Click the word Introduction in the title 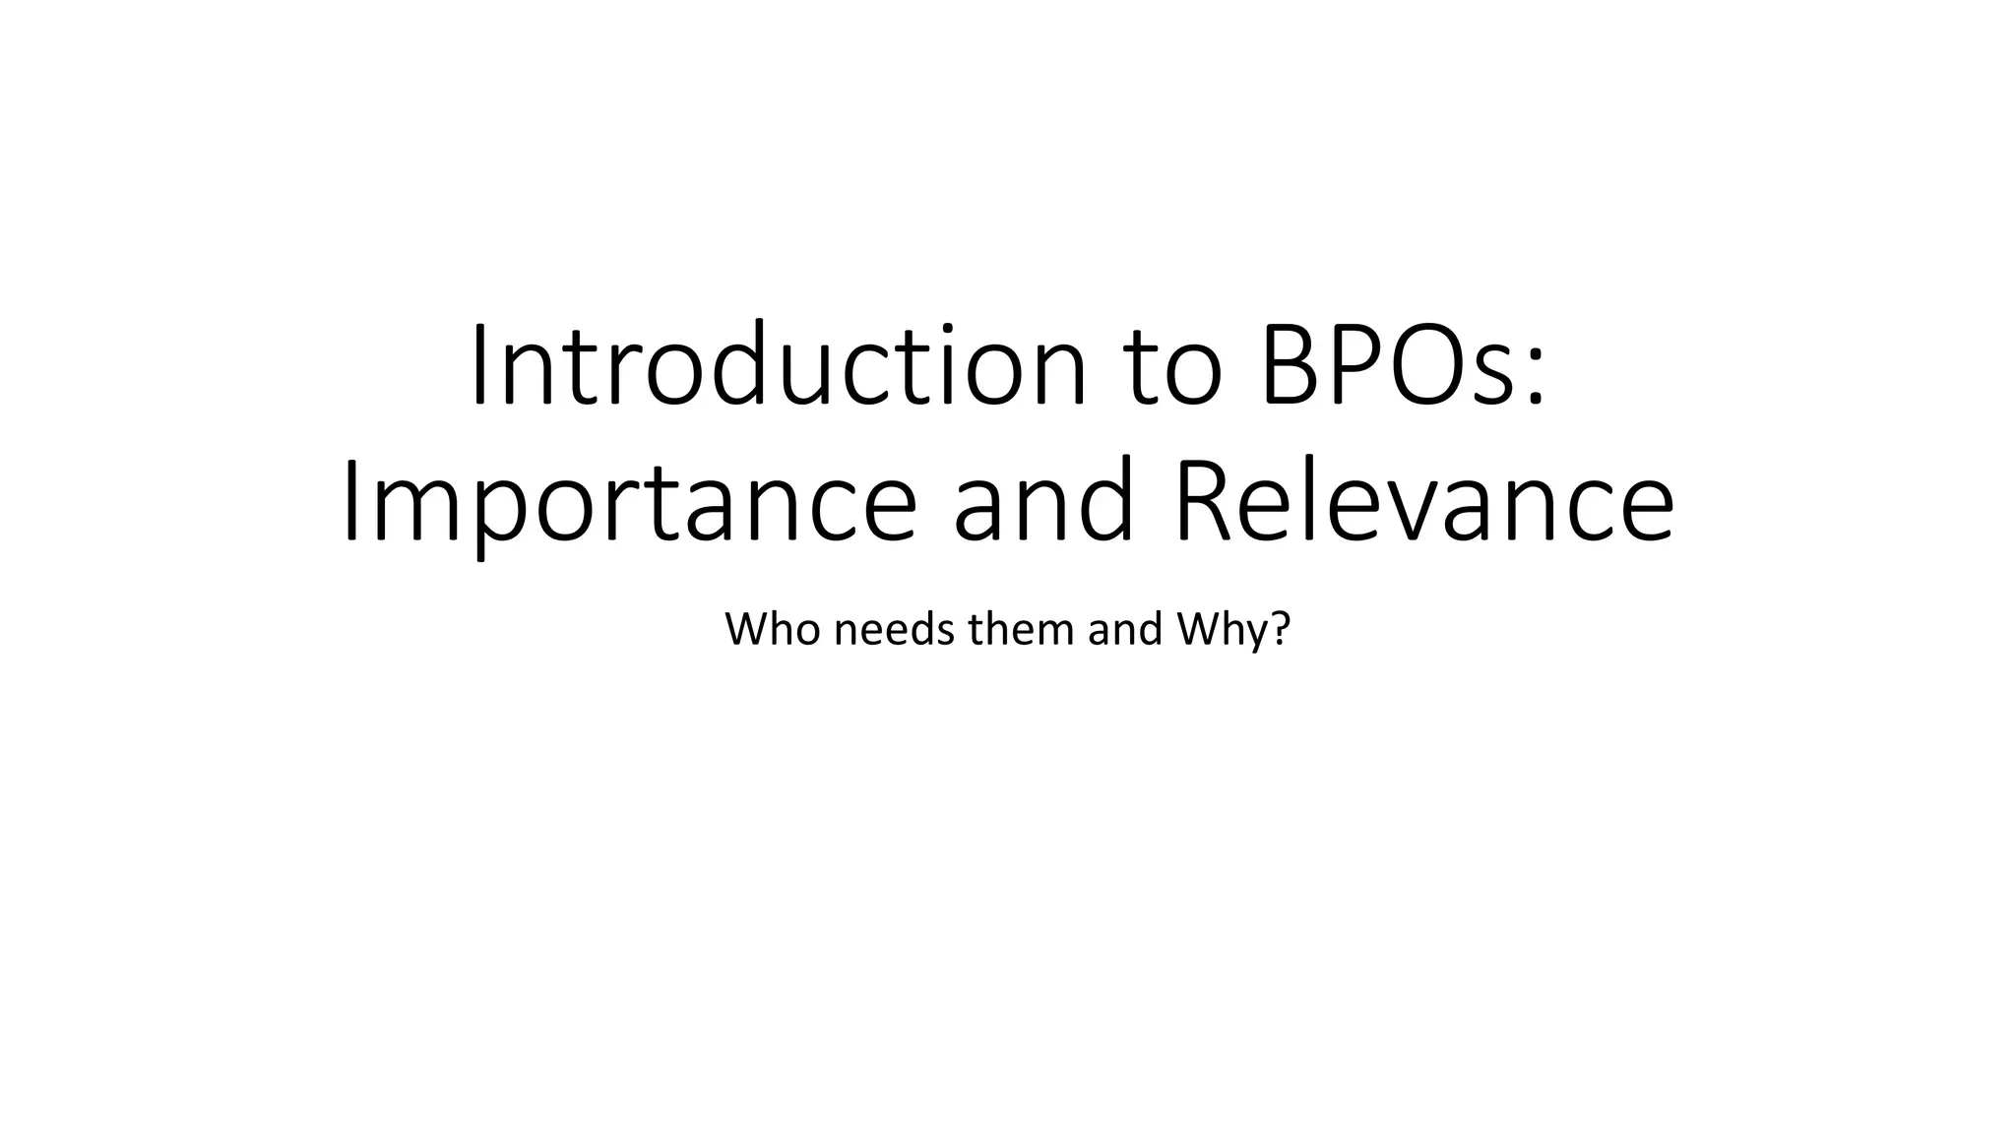pyautogui.click(x=779, y=365)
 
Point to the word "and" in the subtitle pyautogui.click(x=1120, y=629)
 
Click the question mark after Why pyautogui.click(x=1279, y=629)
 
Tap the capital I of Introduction pyautogui.click(x=479, y=365)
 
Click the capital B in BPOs pyautogui.click(x=1289, y=365)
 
